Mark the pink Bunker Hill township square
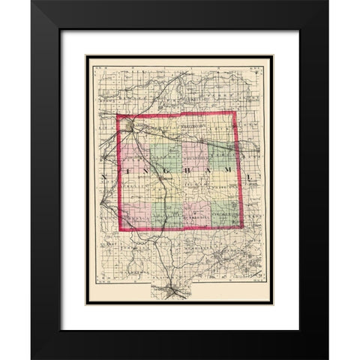click(x=196, y=214)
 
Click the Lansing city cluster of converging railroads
click(x=131, y=126)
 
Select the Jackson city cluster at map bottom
click(x=178, y=289)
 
